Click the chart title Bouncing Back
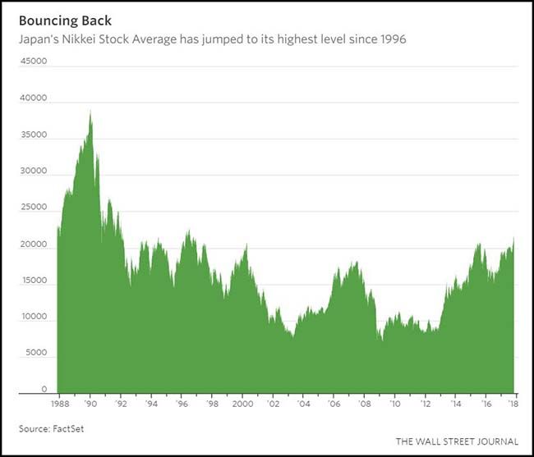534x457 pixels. [65, 21]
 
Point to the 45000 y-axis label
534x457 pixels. [33, 61]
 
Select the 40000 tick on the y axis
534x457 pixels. [33, 98]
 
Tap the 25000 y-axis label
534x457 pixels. [33, 208]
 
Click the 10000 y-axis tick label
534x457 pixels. [33, 317]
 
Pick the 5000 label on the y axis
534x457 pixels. [35, 353]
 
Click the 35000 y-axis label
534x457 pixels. [33, 135]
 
